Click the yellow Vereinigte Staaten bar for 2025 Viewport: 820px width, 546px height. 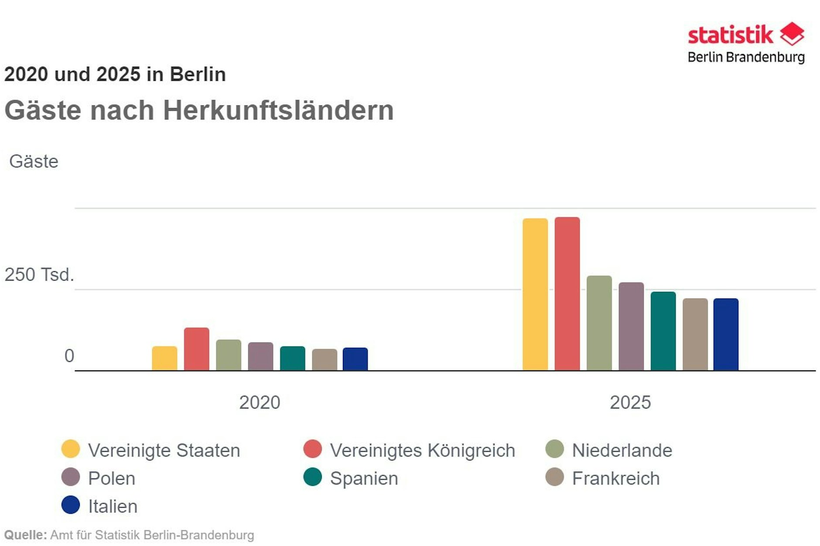coord(535,295)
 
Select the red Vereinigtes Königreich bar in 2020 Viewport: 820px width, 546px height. coord(196,349)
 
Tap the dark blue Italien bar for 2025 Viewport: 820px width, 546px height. coord(726,334)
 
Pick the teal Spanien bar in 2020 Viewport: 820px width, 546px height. coord(292,358)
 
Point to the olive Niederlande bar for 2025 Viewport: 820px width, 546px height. coord(599,323)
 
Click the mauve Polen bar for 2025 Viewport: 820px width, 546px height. coord(631,326)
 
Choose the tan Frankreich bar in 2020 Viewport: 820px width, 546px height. coord(325,359)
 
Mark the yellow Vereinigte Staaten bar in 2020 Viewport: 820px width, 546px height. coord(164,358)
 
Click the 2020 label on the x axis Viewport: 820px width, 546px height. coord(260,402)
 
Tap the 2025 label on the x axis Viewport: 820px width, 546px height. coord(630,402)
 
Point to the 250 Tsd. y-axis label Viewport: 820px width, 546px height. coord(39,275)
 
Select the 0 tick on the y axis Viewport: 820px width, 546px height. coord(69,356)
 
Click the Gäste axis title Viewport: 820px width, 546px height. coord(34,161)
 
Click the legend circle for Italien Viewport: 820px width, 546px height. coord(71,505)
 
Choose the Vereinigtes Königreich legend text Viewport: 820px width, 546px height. coord(422,450)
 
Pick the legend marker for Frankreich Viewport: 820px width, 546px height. coord(554,477)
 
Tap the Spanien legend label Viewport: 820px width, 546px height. coord(364,478)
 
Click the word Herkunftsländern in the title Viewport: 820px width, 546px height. coord(278,110)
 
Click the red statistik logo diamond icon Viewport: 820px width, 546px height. coord(792,34)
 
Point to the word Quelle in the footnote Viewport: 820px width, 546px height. coord(25,535)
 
